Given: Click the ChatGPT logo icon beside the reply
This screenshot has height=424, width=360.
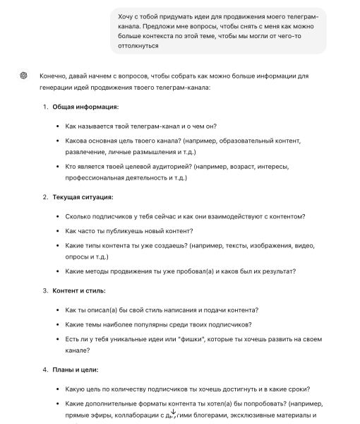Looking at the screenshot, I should click(x=23, y=76).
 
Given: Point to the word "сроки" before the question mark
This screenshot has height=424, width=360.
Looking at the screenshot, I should click(x=296, y=388).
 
